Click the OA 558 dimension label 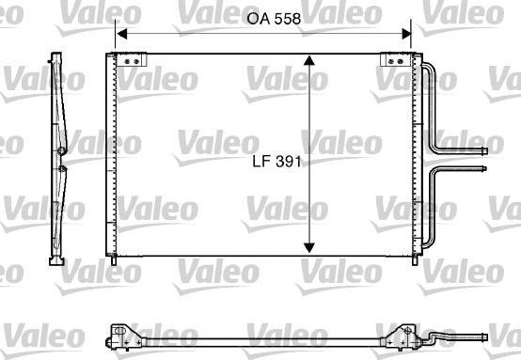[274, 19]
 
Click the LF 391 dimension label [276, 162]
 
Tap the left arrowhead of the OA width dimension [122, 34]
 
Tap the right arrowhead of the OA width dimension [406, 34]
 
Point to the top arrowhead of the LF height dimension [309, 60]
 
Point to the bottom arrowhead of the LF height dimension [309, 248]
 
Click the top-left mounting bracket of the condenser [132, 60]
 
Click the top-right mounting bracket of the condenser [396, 60]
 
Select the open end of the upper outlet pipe [484, 151]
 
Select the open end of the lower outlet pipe [483, 168]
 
